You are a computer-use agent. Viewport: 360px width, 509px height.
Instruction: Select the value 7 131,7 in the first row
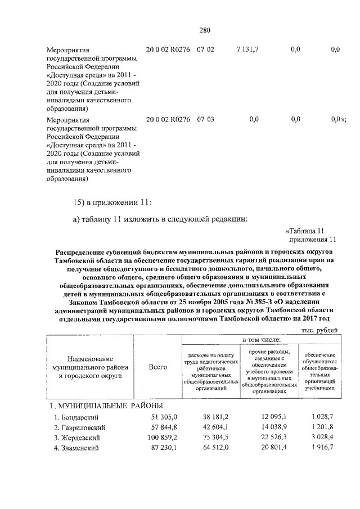click(247, 49)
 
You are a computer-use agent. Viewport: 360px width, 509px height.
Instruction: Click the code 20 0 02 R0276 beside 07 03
click(168, 119)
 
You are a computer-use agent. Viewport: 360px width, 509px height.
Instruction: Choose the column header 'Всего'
click(158, 367)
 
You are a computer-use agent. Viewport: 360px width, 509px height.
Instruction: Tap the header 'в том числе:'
click(262, 341)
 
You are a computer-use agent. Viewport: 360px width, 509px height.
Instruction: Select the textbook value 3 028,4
click(322, 437)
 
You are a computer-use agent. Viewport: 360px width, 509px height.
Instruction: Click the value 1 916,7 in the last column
click(322, 448)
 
